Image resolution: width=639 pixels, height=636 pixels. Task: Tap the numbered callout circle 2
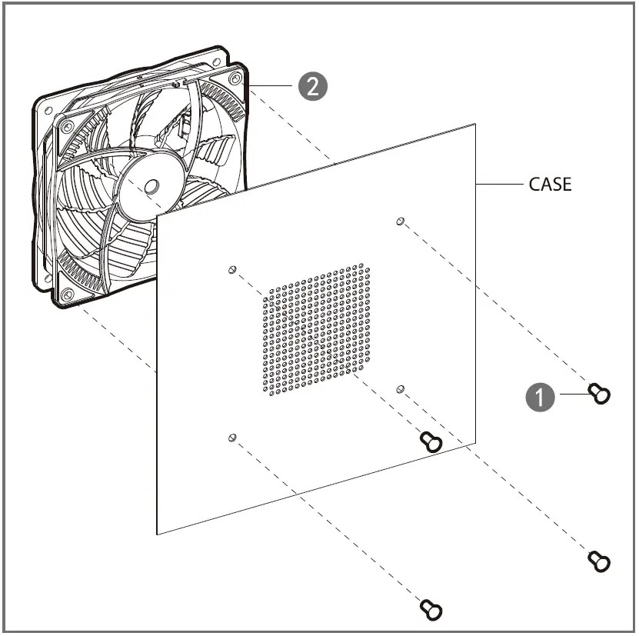[x=312, y=85]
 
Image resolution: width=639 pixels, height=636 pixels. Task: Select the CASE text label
[x=550, y=185]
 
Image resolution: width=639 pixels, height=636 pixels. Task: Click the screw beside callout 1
[x=599, y=394]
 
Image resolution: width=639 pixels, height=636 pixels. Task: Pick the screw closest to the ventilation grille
[x=431, y=441]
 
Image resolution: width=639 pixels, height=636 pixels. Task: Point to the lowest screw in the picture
[x=431, y=609]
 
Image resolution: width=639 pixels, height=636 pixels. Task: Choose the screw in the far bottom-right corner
[x=599, y=561]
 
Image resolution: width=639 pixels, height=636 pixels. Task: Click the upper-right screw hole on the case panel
[x=400, y=221]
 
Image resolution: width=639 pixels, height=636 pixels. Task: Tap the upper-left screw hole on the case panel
[x=231, y=270]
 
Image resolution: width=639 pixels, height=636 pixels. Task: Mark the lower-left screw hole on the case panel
[x=231, y=437]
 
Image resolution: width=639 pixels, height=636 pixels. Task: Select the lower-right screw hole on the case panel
[x=399, y=389]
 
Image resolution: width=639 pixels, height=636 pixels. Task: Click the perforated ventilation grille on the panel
[x=315, y=332]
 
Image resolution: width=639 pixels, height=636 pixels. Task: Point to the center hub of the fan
[x=151, y=186]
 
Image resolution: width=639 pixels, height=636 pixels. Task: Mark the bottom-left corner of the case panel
[x=158, y=533]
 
